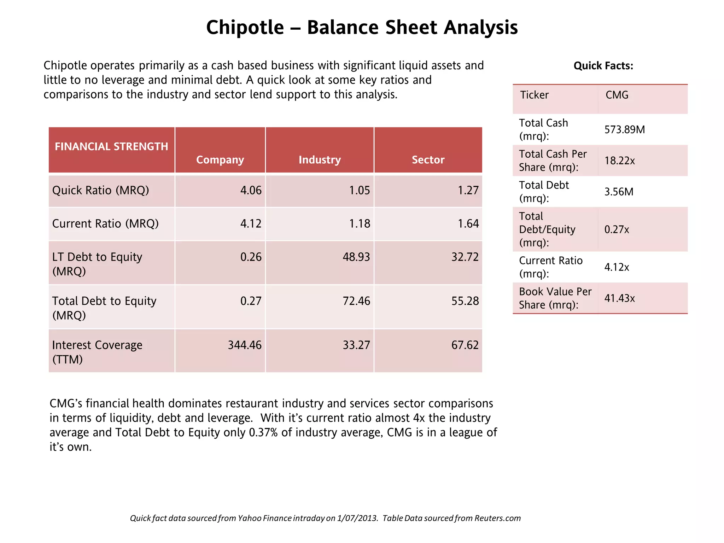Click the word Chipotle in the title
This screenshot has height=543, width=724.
point(245,27)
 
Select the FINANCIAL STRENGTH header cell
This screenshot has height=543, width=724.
point(111,146)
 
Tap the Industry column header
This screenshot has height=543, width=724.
point(320,160)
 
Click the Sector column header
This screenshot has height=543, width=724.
point(428,160)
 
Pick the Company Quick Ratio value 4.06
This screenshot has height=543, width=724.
point(251,191)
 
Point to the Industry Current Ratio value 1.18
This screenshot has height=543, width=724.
point(359,224)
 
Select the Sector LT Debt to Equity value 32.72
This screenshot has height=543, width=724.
point(465,257)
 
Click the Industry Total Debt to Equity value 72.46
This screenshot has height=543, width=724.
point(356,301)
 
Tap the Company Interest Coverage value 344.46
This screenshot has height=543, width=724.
point(244,345)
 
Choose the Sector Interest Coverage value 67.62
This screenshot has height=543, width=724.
point(465,345)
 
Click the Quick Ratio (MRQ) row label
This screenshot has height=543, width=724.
point(100,191)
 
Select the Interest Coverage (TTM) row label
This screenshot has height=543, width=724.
point(97,352)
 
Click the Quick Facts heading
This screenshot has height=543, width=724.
point(603,66)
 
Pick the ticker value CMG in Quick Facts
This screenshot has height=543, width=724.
point(617,95)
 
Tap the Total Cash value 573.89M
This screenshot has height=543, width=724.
point(624,130)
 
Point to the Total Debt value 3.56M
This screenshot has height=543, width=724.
point(619,192)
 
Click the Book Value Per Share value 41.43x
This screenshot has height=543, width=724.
point(619,298)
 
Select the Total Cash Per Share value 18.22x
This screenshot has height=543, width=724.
point(619,161)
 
